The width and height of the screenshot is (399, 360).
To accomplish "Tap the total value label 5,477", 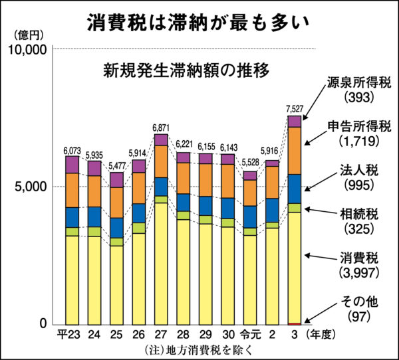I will click(116, 166).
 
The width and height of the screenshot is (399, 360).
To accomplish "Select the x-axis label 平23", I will click(69, 334).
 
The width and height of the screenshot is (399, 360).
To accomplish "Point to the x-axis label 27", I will click(161, 334).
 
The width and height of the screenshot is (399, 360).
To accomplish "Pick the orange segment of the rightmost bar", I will click(295, 150).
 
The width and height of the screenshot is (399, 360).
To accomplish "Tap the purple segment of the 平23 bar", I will click(71, 165).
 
